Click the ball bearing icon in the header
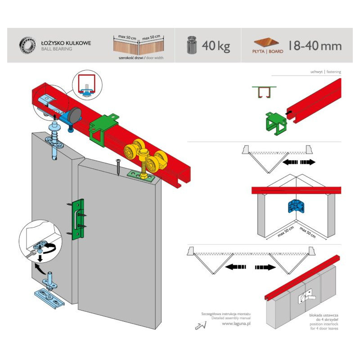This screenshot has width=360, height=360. [27, 45]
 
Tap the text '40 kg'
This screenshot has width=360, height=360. [216, 45]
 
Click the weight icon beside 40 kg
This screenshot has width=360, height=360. [192, 45]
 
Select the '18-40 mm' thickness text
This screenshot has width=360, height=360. [315, 45]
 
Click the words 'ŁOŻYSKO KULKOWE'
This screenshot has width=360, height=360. [66, 43]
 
